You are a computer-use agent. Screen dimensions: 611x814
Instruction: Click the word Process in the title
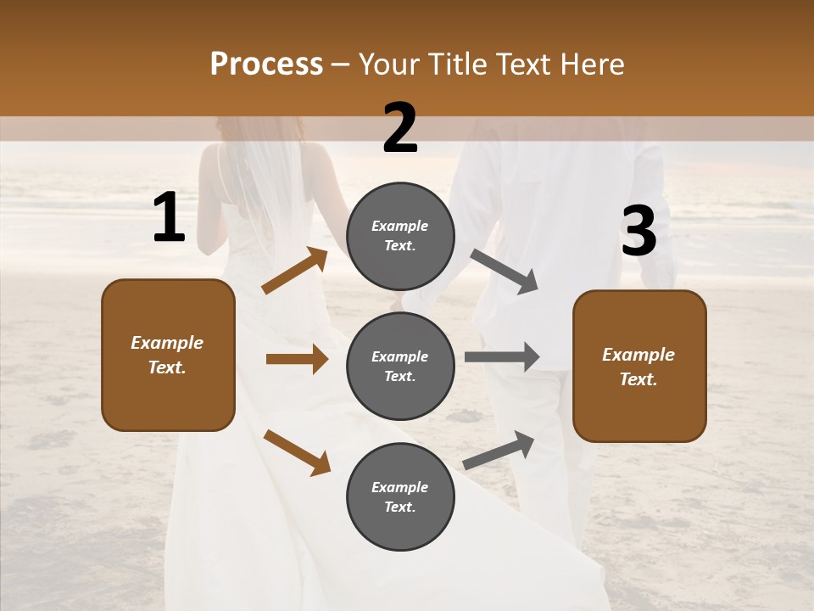tap(266, 64)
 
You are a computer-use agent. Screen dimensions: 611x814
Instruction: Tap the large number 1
tap(169, 218)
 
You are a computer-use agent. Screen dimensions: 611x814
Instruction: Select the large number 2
tap(400, 128)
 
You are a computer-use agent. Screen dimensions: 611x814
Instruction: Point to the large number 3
tap(638, 232)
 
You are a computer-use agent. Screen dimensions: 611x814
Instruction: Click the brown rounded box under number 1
tap(168, 355)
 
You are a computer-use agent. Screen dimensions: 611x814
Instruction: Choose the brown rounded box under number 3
tap(639, 366)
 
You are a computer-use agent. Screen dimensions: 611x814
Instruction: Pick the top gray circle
tap(400, 236)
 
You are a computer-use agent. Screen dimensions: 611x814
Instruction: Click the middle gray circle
tap(400, 366)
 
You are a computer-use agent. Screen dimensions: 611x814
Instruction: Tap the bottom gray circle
tap(400, 496)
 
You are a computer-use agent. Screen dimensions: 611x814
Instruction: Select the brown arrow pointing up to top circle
tap(294, 271)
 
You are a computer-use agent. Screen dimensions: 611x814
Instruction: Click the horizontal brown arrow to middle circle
tap(297, 359)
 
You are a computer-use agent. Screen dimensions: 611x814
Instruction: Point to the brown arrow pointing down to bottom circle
tap(297, 452)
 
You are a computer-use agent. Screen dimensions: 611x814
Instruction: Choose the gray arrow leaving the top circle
tap(504, 272)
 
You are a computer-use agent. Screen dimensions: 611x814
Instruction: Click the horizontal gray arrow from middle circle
tap(502, 356)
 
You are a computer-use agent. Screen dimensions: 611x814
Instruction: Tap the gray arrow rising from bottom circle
tap(499, 451)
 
